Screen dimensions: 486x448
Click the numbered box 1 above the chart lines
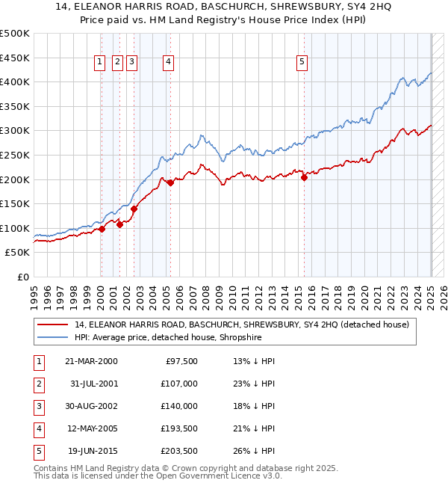point(99,63)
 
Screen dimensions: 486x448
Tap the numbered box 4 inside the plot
point(169,63)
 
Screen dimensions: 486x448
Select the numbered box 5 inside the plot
point(302,63)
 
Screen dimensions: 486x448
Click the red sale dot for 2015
point(305,178)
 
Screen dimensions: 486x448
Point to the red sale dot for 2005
point(170,182)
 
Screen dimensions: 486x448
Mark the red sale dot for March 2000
point(102,230)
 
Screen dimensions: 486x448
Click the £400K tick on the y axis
point(15,81)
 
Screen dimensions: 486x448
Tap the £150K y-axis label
point(15,203)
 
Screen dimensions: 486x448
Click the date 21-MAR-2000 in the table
point(91,361)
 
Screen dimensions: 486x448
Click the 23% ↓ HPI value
point(255,384)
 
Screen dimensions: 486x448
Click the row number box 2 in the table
point(37,384)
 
